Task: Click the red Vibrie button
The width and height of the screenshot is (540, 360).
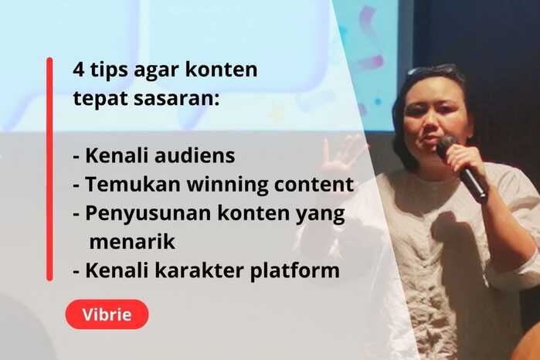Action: coord(107,314)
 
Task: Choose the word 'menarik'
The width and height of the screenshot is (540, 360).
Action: coord(133,242)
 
